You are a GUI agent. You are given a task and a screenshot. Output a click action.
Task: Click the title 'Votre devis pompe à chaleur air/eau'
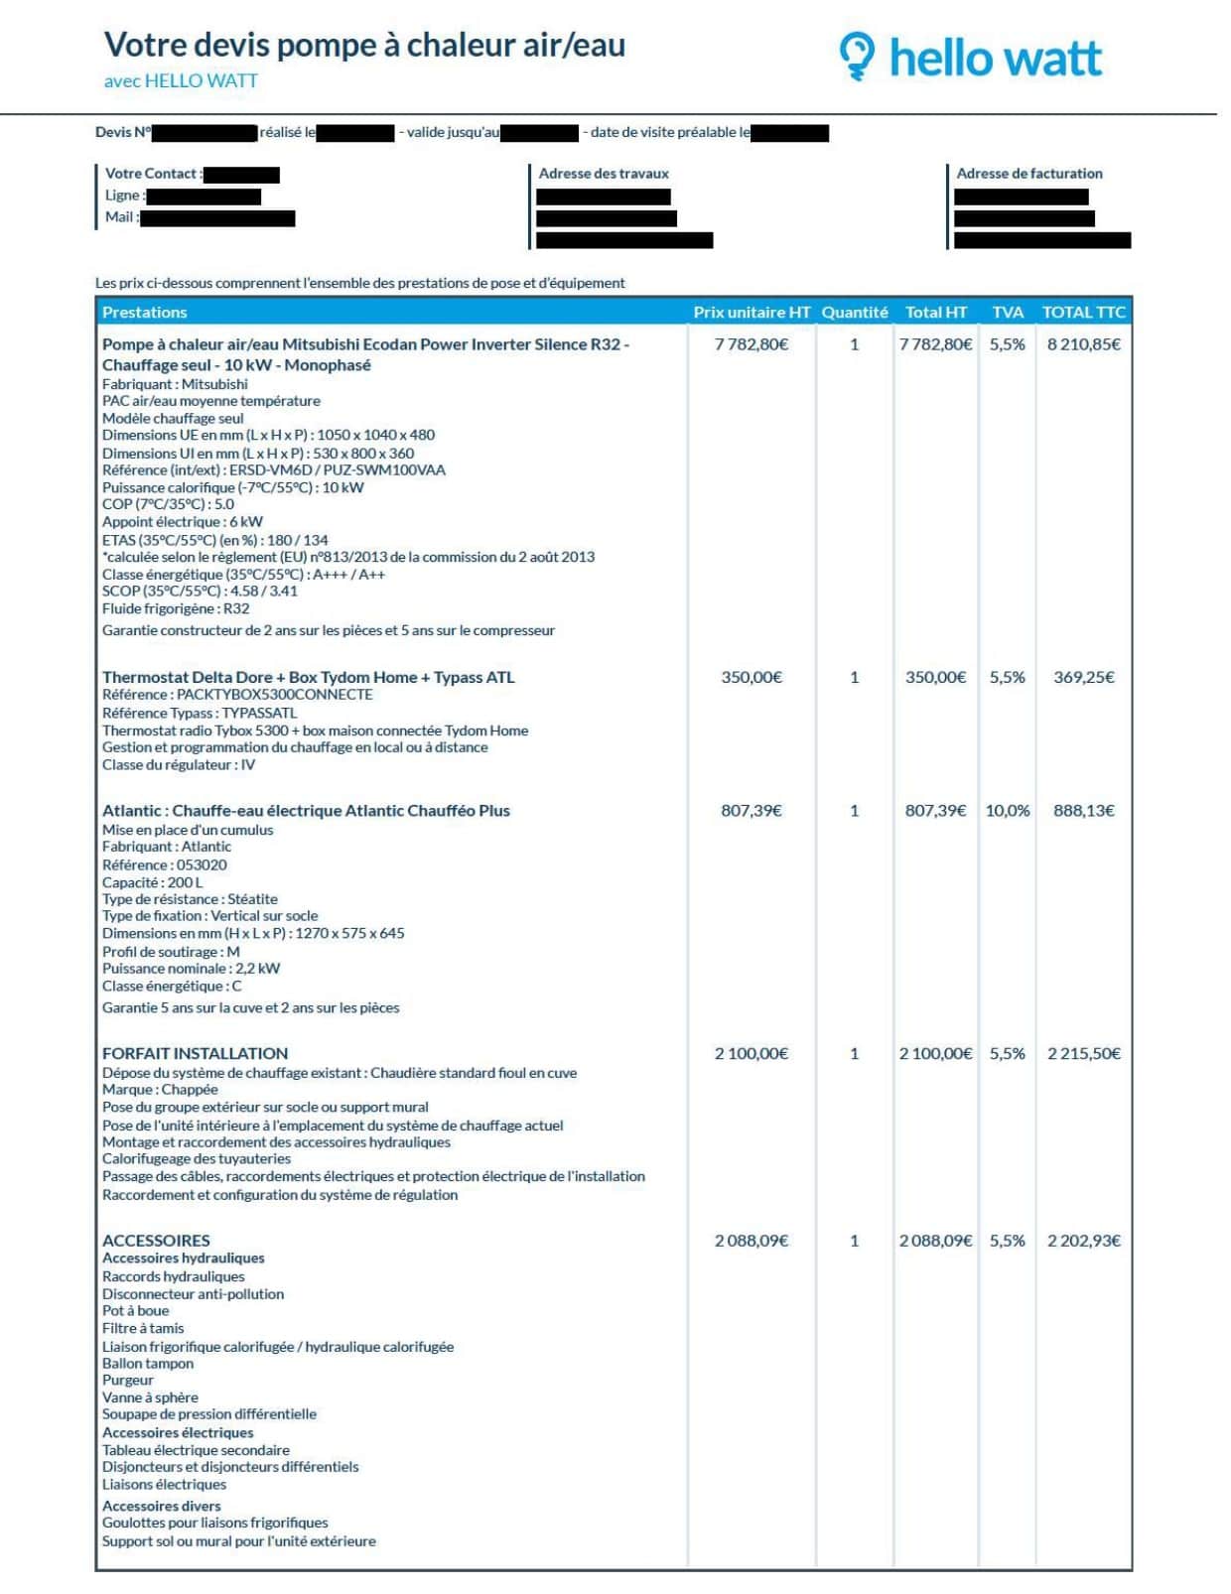tap(364, 45)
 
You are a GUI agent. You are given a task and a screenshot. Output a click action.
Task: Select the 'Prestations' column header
tap(144, 313)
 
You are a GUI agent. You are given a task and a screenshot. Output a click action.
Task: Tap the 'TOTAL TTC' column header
tap(1083, 313)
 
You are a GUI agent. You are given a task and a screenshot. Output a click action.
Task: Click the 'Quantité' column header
tap(854, 313)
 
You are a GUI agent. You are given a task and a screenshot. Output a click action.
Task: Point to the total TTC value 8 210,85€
tap(1083, 344)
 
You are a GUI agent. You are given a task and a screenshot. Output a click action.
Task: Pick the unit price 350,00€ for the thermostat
tap(752, 677)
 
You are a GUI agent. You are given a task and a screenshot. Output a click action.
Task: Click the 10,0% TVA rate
tap(1007, 811)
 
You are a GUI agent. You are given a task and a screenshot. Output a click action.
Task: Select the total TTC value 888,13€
tap(1083, 811)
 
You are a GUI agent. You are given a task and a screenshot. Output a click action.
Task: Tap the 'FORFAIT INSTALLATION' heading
tap(195, 1053)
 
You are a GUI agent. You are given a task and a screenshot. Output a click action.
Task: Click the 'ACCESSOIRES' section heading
tap(156, 1241)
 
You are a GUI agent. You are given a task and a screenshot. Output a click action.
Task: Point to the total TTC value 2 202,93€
tap(1083, 1241)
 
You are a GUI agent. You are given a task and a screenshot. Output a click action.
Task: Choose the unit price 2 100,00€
tap(752, 1053)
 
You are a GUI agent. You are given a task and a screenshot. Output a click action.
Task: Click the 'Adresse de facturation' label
tap(1028, 174)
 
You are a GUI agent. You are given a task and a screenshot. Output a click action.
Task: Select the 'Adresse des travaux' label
tap(604, 174)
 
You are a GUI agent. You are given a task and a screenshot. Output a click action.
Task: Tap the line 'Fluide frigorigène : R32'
tap(176, 608)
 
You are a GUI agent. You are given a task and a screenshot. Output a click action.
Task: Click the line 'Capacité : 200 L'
tap(152, 882)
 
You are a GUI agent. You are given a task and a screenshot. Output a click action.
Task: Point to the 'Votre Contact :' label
tap(153, 174)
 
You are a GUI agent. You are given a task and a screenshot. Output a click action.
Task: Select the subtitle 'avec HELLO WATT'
tap(181, 81)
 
